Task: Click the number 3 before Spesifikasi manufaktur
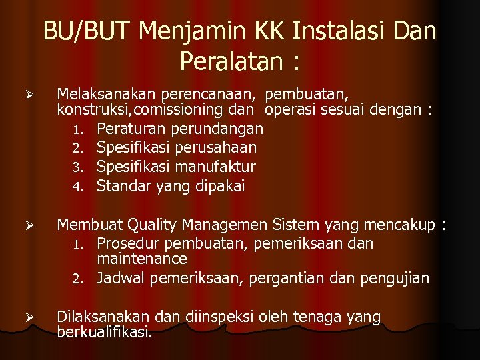(x=77, y=166)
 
